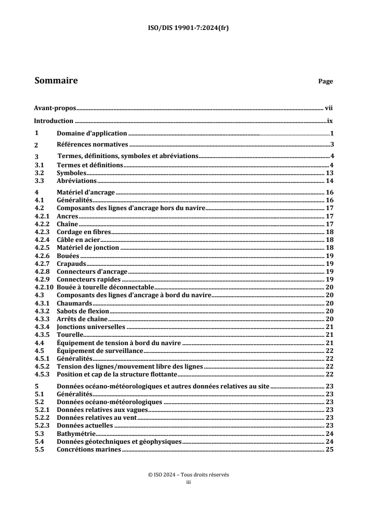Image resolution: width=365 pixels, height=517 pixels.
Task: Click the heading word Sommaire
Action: pos(56,81)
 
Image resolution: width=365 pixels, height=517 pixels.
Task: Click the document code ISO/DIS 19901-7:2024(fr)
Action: pos(183,28)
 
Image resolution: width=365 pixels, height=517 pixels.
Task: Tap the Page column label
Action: pos(325,82)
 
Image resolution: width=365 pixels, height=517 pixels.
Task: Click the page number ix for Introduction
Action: pos(330,121)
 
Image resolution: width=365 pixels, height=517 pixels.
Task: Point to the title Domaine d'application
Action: pos(92,134)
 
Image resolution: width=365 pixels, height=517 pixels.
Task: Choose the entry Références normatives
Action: pos(92,145)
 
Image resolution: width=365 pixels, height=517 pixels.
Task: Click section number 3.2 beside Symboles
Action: pos(39,173)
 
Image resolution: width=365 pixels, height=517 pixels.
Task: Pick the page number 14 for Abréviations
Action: pos(329,181)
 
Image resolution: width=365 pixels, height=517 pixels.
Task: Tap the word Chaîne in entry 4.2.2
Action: pos(68,224)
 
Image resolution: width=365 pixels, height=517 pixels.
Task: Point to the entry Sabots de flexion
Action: pos(83,311)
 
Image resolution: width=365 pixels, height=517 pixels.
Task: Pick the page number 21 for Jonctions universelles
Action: pos(329,327)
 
